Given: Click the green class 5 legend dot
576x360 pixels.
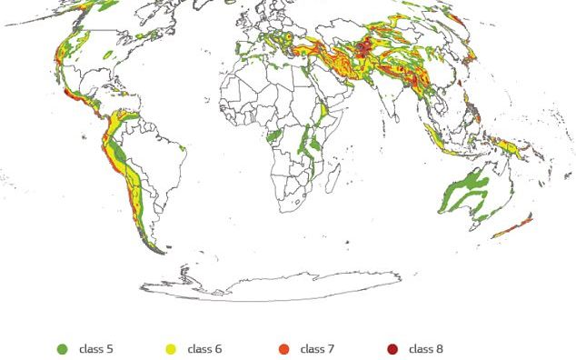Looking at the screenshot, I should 63,349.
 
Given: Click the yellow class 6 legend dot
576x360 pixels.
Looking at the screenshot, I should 170,349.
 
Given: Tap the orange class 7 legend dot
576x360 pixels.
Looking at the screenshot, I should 283,349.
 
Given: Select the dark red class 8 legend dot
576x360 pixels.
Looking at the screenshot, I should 392,349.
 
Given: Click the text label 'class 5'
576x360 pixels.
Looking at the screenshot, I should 95,349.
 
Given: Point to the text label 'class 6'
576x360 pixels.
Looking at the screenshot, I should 204,349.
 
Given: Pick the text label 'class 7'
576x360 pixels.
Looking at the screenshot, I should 317,349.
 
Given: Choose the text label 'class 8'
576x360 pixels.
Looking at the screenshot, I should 426,349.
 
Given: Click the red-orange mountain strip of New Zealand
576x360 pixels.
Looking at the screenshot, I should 513,226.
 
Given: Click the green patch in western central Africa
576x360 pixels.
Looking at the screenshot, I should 273,135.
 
